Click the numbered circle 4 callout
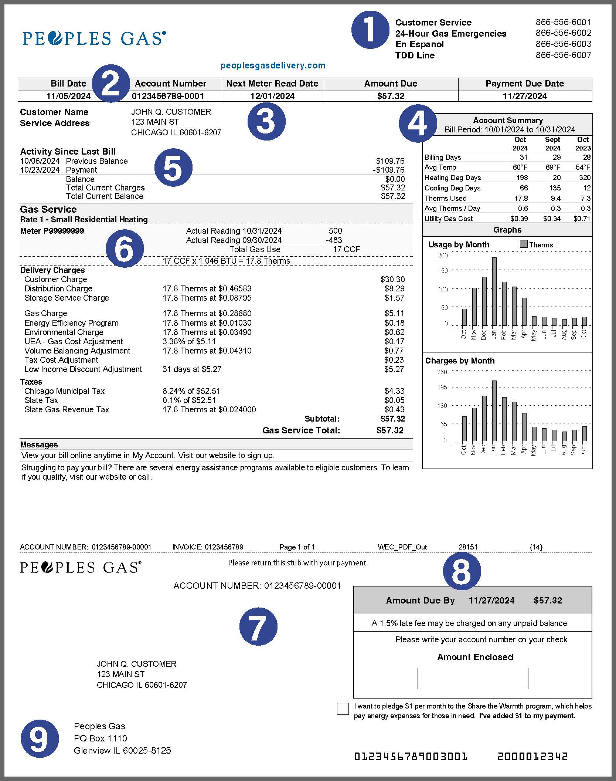click(x=418, y=124)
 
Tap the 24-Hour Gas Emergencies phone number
click(x=563, y=33)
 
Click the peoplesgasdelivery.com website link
click(x=273, y=65)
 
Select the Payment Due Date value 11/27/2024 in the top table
click(x=525, y=96)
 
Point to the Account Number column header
click(x=170, y=84)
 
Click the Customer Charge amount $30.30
click(x=392, y=279)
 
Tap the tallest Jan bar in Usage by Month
click(x=494, y=291)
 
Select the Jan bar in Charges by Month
click(x=494, y=410)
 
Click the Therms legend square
click(x=523, y=244)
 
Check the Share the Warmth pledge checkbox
click(x=343, y=709)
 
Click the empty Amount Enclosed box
click(x=473, y=678)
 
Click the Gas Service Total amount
click(x=390, y=430)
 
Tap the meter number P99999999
click(x=52, y=231)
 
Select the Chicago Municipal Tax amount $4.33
click(x=394, y=391)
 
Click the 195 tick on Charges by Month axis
click(x=442, y=387)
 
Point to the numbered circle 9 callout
click(x=40, y=738)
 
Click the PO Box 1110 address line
click(x=101, y=738)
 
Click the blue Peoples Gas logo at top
click(x=94, y=38)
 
